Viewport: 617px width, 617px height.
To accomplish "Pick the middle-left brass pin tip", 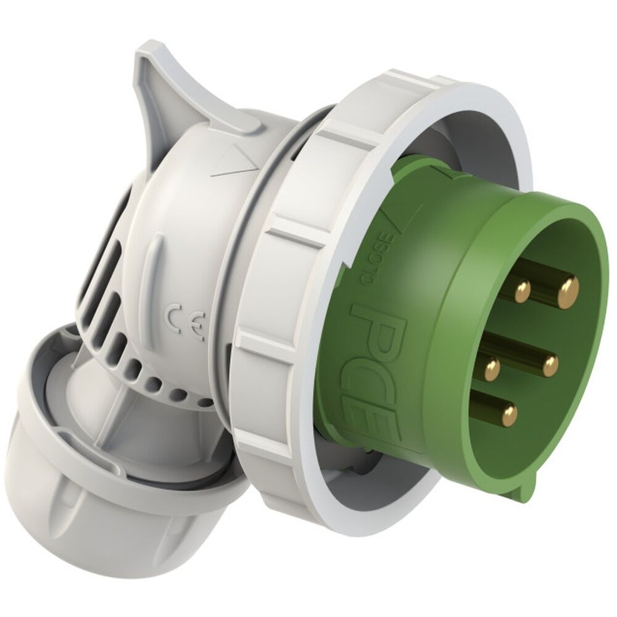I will tap(492, 369).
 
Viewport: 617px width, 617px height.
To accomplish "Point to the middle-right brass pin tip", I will tap(549, 366).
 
